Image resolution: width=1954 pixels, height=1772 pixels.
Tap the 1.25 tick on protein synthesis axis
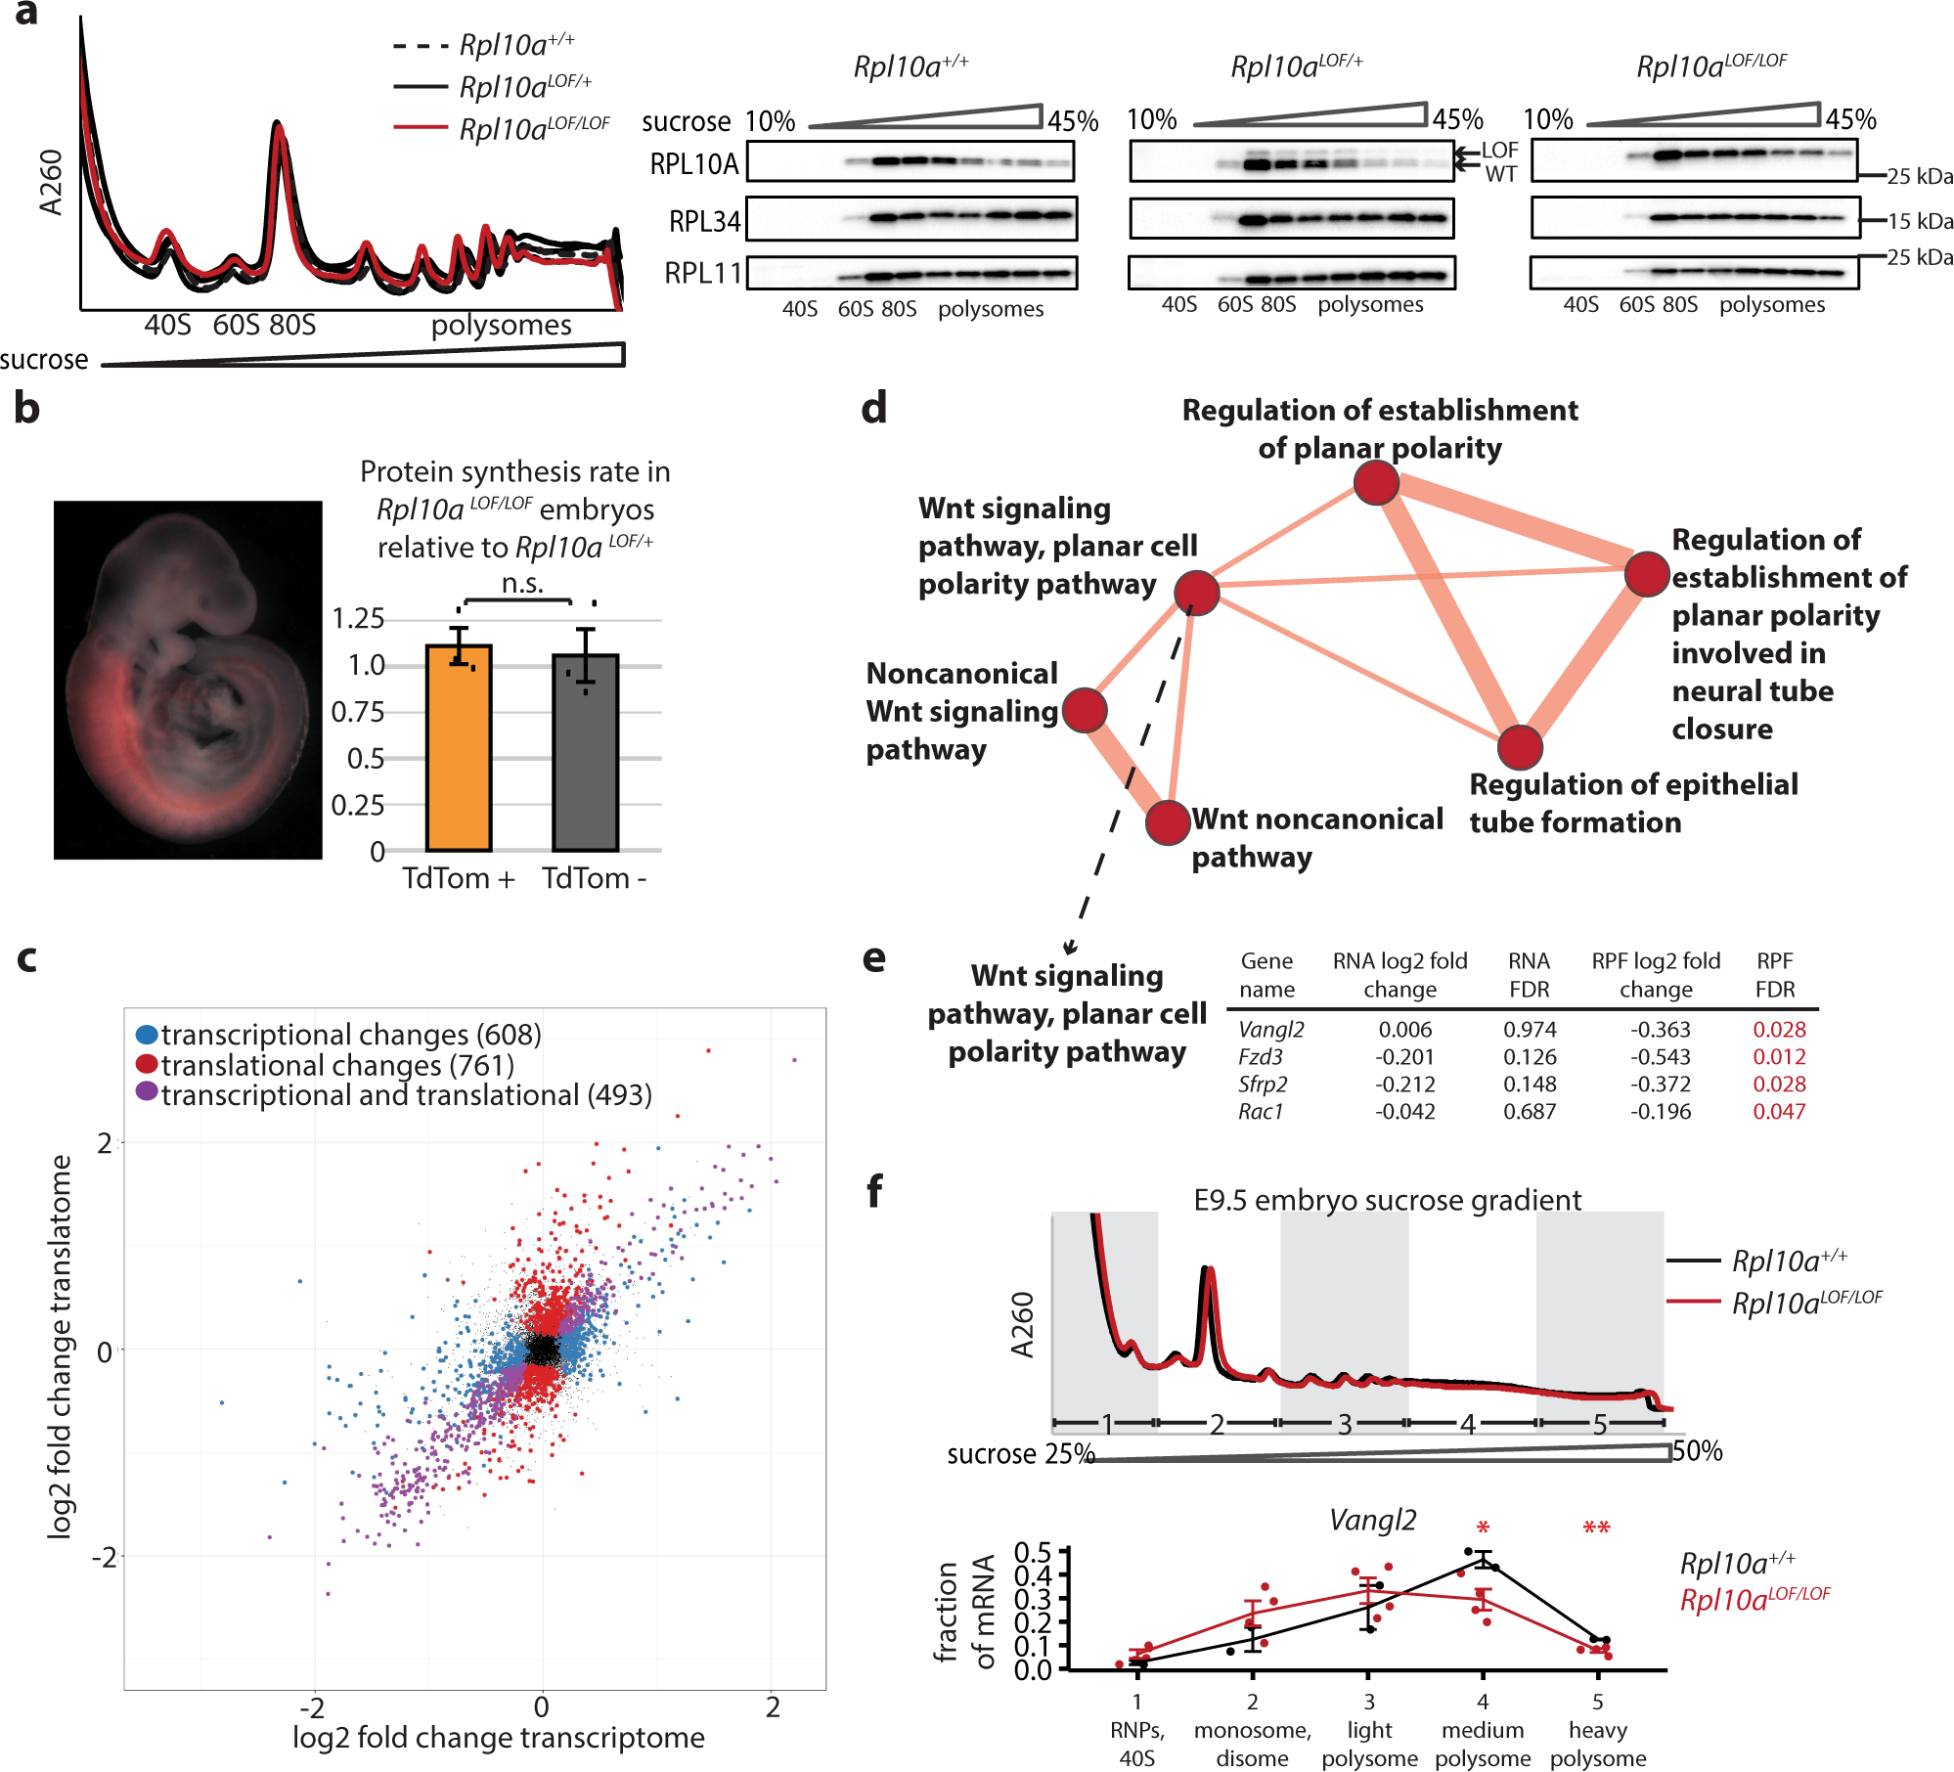(358, 619)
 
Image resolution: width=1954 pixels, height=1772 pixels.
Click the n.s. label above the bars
(521, 584)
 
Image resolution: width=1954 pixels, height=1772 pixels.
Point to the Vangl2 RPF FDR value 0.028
(1778, 1030)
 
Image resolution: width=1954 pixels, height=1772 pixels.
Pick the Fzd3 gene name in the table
(1260, 1057)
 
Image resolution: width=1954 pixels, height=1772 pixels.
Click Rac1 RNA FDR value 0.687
(1529, 1112)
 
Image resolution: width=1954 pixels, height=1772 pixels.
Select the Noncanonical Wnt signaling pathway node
(1084, 711)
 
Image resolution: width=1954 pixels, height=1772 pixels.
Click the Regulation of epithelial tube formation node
(1519, 748)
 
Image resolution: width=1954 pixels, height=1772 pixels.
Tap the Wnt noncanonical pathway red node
(1167, 822)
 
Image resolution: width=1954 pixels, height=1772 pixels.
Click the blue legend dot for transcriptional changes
(147, 1035)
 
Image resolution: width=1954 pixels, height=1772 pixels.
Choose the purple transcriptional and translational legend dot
(147, 1091)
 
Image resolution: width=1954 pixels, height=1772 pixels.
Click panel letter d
(873, 408)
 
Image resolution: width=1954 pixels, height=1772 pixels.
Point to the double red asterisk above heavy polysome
(1596, 1528)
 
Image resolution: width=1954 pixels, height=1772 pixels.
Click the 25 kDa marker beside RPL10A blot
(1919, 177)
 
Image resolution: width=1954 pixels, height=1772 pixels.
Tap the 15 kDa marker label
(1919, 222)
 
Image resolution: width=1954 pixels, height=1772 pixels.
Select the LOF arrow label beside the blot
(1499, 151)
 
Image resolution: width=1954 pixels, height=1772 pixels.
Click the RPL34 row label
(703, 222)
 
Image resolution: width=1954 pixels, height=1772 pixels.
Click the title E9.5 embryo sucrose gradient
(1387, 1200)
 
